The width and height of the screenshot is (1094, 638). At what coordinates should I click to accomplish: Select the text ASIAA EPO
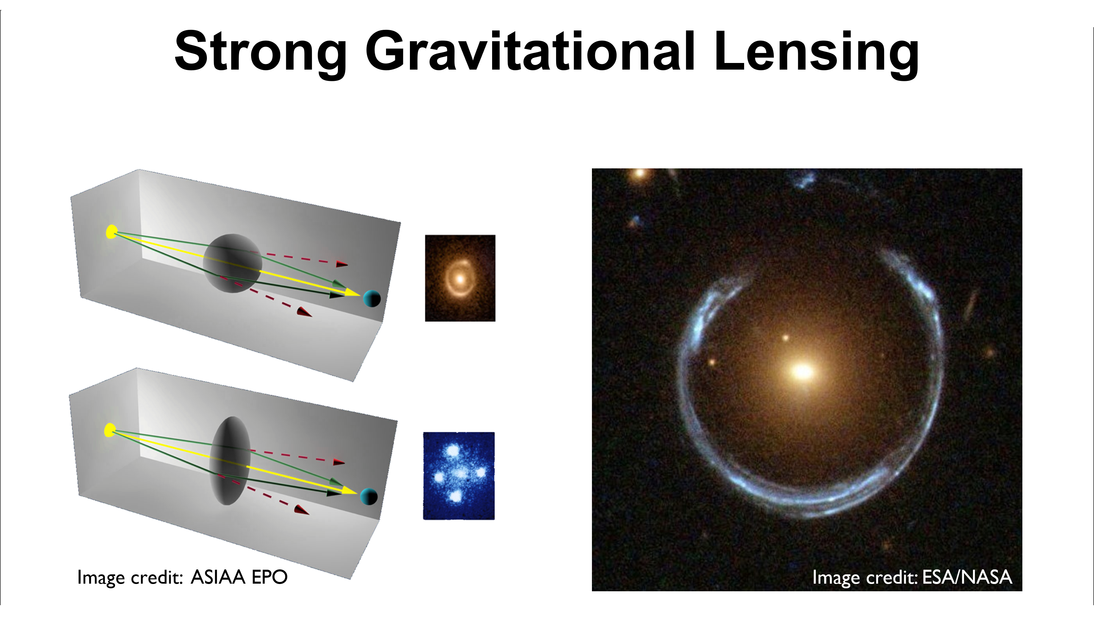point(239,577)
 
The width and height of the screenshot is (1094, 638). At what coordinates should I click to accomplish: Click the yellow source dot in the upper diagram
point(111,232)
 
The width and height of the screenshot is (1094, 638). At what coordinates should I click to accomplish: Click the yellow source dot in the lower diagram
point(110,430)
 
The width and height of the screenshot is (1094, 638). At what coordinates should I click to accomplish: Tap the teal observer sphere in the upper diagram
point(372,299)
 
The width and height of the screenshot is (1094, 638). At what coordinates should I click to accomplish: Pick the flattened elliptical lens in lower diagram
point(230,460)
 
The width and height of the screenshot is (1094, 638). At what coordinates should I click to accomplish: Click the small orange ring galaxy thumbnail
point(460,278)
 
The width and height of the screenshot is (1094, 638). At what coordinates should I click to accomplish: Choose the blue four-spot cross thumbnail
point(459,476)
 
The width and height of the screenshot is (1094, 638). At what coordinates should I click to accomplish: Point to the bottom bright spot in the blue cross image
point(455,495)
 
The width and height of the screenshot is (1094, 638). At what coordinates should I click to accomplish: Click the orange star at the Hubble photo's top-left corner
point(639,174)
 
